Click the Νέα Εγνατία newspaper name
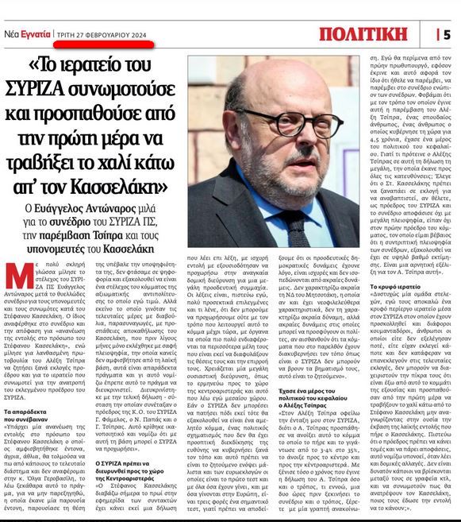point(26,35)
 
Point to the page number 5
point(448,34)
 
